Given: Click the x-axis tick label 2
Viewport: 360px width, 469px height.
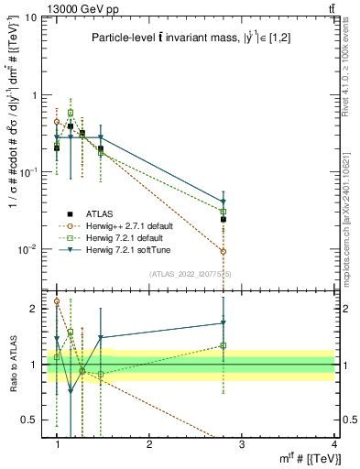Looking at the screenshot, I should click(150, 443).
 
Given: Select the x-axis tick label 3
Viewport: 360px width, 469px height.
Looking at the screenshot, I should click(242, 443).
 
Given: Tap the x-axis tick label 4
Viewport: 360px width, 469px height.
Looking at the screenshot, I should click(333, 443).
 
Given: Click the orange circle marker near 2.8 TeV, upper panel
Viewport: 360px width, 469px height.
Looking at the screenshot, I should click(224, 251).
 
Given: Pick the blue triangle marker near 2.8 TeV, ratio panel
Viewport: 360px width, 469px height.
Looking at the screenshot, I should click(224, 323).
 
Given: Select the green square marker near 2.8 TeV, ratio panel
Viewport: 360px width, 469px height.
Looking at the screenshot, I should click(224, 345).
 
